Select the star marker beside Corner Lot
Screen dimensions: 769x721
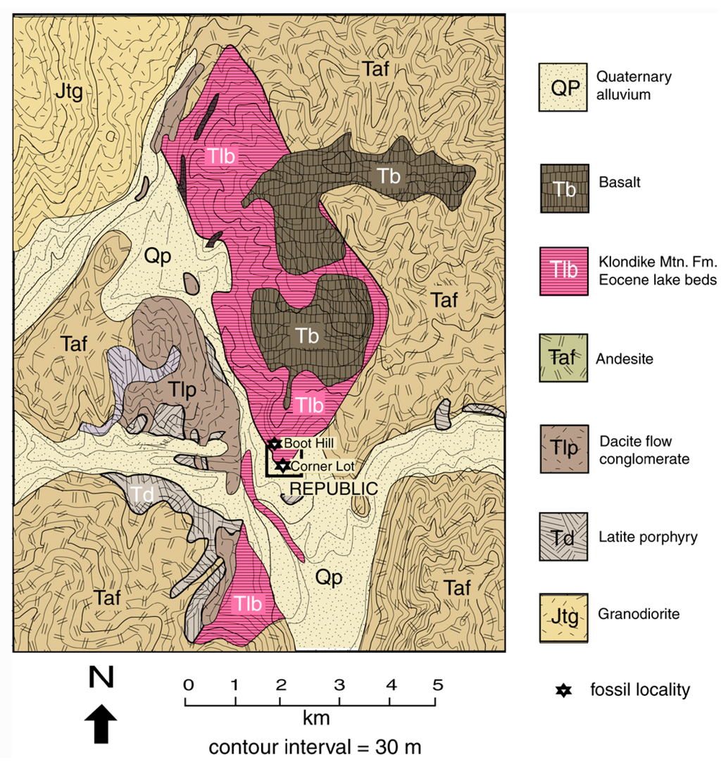(x=282, y=465)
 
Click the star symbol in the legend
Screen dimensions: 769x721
(x=563, y=690)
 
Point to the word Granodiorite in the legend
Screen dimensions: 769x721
(x=638, y=614)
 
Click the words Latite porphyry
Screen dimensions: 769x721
(x=646, y=537)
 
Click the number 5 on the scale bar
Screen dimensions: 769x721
(x=437, y=684)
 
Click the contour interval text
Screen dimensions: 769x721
(x=314, y=746)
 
